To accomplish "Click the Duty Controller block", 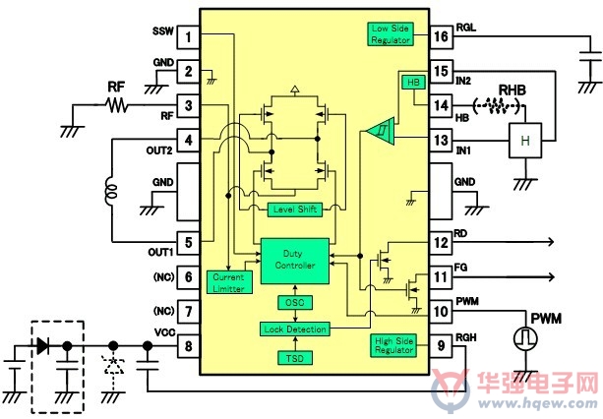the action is (x=295, y=261).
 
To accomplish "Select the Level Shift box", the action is (x=295, y=209).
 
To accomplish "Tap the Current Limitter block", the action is (x=229, y=282).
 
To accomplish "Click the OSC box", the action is (x=295, y=303).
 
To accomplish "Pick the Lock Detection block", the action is (x=295, y=329).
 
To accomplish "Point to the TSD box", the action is (x=295, y=358).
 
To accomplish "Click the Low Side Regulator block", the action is (x=391, y=34).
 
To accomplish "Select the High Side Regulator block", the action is (x=393, y=345).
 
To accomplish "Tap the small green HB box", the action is (x=413, y=83).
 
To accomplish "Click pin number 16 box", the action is (x=441, y=37).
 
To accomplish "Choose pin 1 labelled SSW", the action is (x=188, y=37).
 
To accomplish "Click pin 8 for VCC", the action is (x=188, y=346).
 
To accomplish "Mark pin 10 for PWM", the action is (x=441, y=311).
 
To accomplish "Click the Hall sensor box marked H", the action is (x=525, y=141).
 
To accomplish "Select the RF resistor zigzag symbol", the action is (x=116, y=104).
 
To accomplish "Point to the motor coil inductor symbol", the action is (x=111, y=191).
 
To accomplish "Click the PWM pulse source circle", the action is (x=525, y=338).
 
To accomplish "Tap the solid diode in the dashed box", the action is (x=42, y=346).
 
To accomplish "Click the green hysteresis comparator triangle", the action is (x=380, y=132).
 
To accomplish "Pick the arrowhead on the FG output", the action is (x=551, y=276).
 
